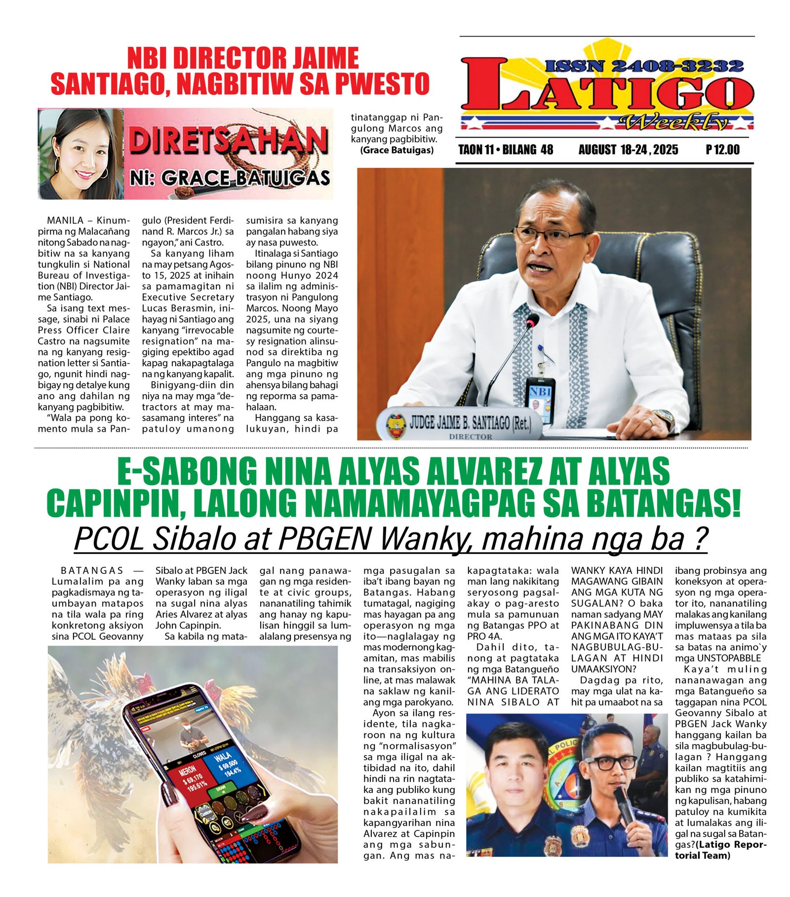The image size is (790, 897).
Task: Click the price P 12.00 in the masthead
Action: coord(722,149)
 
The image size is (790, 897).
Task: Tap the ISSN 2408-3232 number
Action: coord(644,66)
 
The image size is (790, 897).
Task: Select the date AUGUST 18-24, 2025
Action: coord(628,149)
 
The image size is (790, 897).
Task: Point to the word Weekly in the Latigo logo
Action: coord(674,121)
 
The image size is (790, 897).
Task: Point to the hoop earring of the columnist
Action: coord(104,173)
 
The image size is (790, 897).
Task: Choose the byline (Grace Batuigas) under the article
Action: coord(396,150)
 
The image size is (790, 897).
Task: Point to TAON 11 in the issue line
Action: coord(476,149)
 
